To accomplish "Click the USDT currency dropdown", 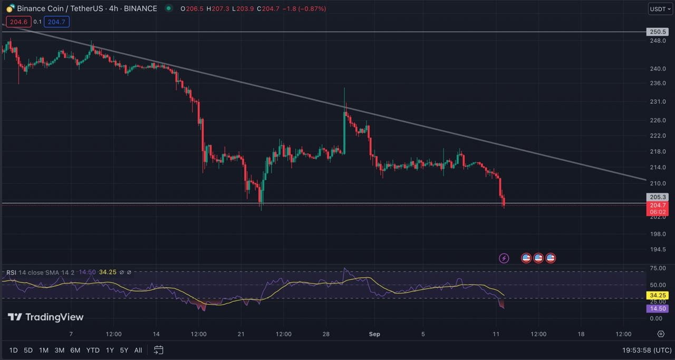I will click(660, 9).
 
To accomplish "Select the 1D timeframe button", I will click(14, 350).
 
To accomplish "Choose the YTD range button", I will click(93, 350).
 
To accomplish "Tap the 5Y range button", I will click(124, 350).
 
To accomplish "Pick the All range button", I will click(138, 350).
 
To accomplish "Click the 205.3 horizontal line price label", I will click(657, 197).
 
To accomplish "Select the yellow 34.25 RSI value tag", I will click(657, 295).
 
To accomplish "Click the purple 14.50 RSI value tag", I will click(657, 308).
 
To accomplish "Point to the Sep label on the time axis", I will click(374, 334).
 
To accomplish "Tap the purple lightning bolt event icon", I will click(504, 258).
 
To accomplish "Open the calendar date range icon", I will click(159, 350).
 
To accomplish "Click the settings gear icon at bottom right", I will click(661, 334).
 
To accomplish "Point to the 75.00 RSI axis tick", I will click(657, 268).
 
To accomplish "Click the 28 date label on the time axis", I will click(326, 334).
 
